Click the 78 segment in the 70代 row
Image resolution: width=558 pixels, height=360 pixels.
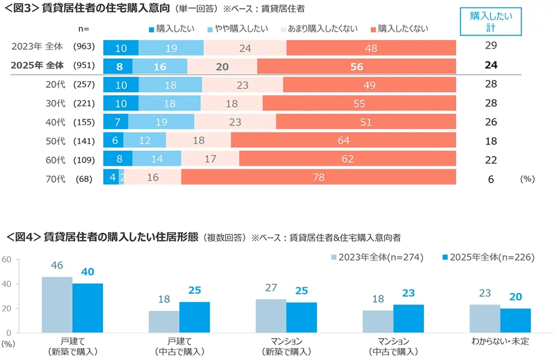318,177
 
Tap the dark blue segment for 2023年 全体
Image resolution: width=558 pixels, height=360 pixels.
121,48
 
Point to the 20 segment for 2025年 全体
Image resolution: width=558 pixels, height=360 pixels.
222,67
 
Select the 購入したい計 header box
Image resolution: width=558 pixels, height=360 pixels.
491,23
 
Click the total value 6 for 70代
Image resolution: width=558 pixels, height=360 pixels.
490,178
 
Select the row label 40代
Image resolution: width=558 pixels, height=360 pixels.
56,122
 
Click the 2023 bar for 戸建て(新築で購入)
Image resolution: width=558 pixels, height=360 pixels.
57,304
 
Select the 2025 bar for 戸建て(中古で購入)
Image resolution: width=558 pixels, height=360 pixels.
194,317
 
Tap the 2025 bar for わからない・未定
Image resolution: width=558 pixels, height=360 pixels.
515,320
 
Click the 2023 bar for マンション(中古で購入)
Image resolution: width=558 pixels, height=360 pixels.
378,321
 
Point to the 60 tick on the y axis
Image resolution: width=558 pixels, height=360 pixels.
7,260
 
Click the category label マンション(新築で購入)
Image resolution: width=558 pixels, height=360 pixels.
286,346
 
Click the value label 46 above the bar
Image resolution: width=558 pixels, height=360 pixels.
57,265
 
